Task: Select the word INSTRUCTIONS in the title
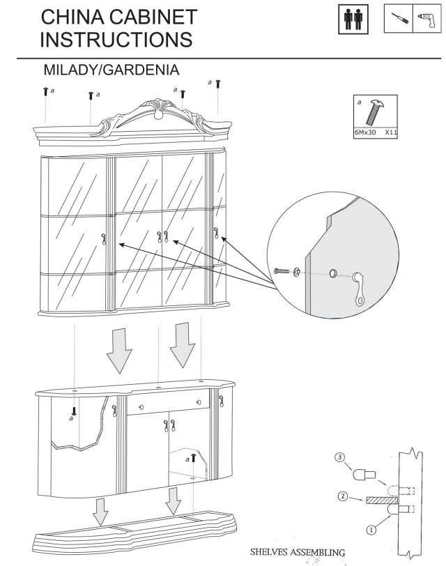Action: pos(117,39)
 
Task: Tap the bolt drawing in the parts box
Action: pos(375,112)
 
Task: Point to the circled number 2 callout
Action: pos(343,497)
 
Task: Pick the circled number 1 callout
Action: pos(371,530)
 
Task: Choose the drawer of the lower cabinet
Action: pos(168,404)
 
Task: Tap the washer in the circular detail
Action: pos(297,271)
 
